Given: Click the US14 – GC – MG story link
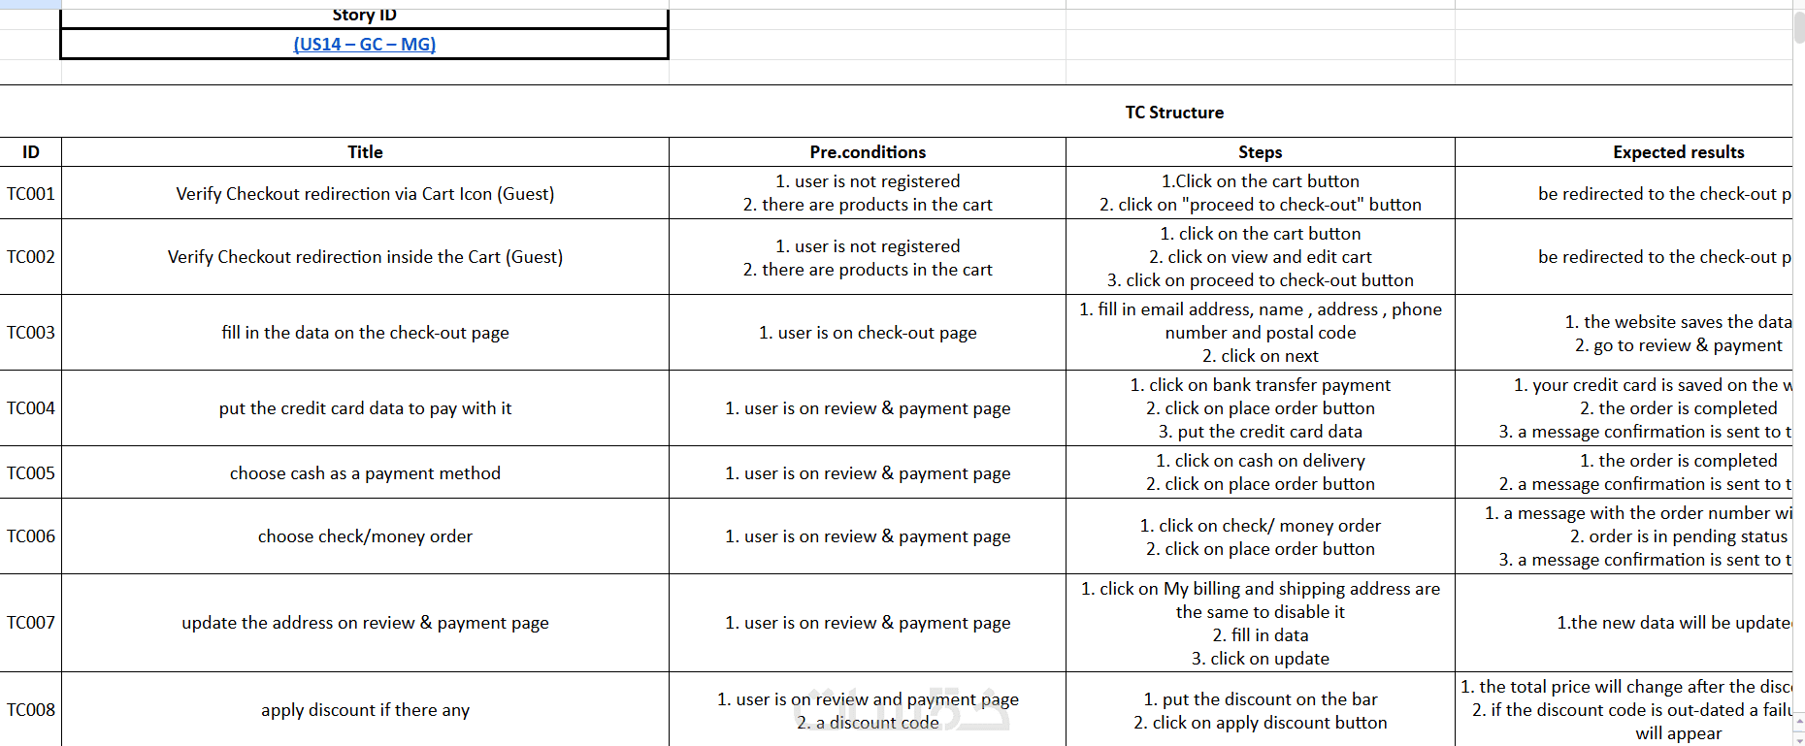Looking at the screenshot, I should pos(364,45).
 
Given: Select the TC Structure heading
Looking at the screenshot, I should pos(1174,113).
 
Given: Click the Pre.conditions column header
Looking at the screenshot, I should pos(868,152).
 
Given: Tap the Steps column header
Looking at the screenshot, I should pos(1260,152).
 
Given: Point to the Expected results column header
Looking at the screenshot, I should pos(1678,152).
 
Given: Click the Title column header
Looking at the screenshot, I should pos(365,152).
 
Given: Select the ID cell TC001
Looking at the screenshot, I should pos(31,194).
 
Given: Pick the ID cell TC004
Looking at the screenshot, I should pos(31,408).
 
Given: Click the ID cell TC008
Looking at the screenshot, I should pos(31,710).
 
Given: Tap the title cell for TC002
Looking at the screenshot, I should pos(365,257).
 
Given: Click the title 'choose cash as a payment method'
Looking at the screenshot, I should pos(365,473).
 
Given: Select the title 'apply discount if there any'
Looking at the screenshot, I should pos(365,710).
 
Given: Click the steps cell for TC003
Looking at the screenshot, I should pos(1260,333).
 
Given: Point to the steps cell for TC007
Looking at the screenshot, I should pos(1260,623).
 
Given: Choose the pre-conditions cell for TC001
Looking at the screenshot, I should pos(868,193).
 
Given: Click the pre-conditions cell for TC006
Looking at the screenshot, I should pos(868,536).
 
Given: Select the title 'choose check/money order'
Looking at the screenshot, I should pos(365,536).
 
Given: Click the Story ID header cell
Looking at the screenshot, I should pos(365,16).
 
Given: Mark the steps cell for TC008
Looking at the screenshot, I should pos(1260,711).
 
